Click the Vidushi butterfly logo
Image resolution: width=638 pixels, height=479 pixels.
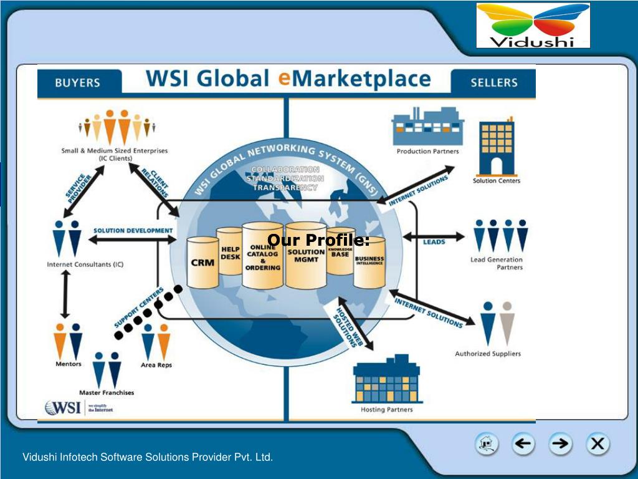[533, 26]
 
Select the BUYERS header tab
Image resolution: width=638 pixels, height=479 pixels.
[77, 82]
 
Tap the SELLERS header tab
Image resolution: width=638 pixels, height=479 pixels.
[493, 82]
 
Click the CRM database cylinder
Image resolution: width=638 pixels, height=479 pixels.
[203, 263]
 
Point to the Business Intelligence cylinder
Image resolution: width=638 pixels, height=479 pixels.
[369, 262]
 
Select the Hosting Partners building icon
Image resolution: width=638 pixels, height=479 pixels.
[386, 380]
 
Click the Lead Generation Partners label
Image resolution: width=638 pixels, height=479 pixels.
[497, 263]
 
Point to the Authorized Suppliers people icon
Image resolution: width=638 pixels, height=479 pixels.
[497, 323]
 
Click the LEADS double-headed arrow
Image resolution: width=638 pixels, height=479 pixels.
[434, 237]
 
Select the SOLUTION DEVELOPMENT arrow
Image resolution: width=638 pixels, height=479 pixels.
[134, 239]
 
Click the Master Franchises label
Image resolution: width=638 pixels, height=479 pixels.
[107, 392]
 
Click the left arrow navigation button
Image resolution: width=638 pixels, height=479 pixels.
[523, 444]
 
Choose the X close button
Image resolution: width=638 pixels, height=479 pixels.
[597, 444]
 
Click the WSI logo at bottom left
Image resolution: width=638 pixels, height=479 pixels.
[63, 407]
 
